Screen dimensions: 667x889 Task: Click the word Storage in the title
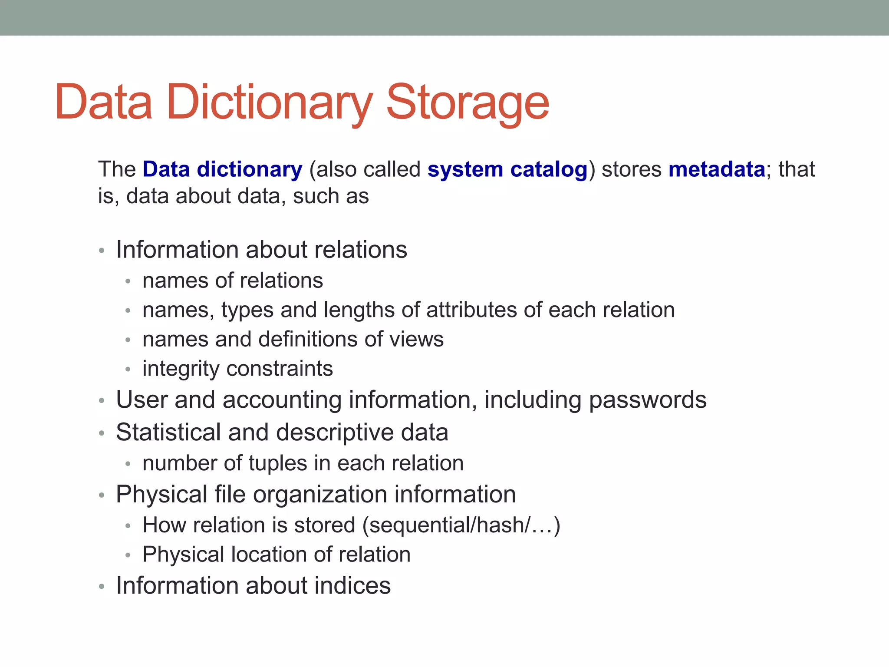[x=468, y=103]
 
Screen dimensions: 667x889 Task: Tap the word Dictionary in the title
[x=269, y=103]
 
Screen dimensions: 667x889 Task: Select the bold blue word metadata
[x=717, y=169]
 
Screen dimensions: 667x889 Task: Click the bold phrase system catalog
[x=507, y=169]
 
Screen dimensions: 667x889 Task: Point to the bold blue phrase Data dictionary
[x=222, y=169]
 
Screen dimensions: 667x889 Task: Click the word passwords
[x=648, y=400]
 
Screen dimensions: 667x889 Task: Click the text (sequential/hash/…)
[x=461, y=525]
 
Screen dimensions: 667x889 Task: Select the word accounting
[x=282, y=400]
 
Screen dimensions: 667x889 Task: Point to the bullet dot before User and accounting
[x=102, y=401]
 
